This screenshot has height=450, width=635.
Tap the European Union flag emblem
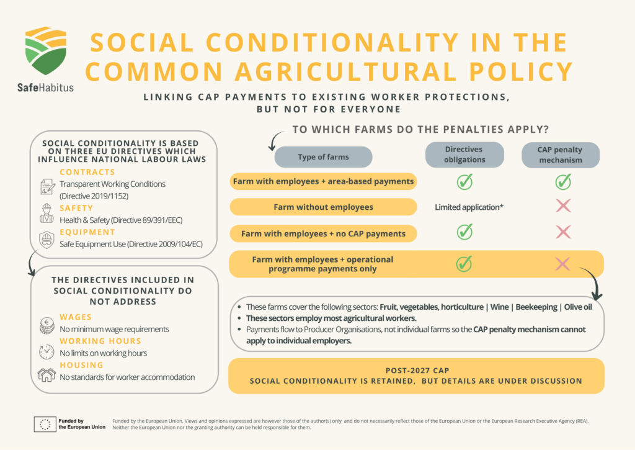click(45, 425)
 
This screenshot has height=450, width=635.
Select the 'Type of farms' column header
click(323, 157)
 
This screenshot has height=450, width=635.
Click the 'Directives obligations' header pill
click(463, 155)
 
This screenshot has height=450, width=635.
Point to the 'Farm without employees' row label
click(322, 207)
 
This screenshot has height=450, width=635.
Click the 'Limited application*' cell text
click(469, 207)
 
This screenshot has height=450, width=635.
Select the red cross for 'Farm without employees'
click(563, 206)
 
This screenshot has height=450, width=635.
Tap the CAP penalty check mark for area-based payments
click(563, 181)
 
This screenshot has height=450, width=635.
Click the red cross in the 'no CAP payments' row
click(563, 232)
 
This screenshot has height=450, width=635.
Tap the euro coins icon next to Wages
click(47, 324)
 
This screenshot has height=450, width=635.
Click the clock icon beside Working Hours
click(47, 351)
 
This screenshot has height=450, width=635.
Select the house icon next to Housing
click(47, 375)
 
